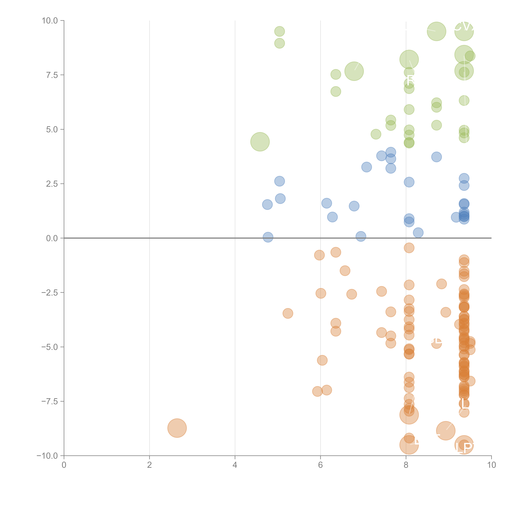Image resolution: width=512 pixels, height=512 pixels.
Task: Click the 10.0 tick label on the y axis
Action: pyautogui.click(x=50, y=21)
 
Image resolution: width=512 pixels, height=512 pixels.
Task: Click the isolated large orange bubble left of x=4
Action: pyautogui.click(x=177, y=428)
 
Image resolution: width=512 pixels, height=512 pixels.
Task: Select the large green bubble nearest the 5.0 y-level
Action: pyautogui.click(x=260, y=142)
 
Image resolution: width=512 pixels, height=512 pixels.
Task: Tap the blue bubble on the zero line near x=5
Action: pyautogui.click(x=268, y=237)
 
